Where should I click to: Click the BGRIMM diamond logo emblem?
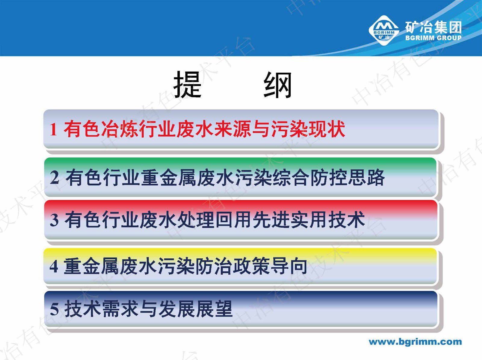[x=383, y=30]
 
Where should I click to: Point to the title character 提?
[x=187, y=84]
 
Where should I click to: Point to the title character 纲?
[x=277, y=85]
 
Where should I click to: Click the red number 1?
[x=54, y=130]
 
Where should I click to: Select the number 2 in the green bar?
[x=55, y=178]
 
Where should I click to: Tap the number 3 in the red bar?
[x=54, y=220]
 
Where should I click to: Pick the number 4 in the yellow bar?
[x=54, y=267]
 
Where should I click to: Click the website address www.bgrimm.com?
[x=415, y=342]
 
